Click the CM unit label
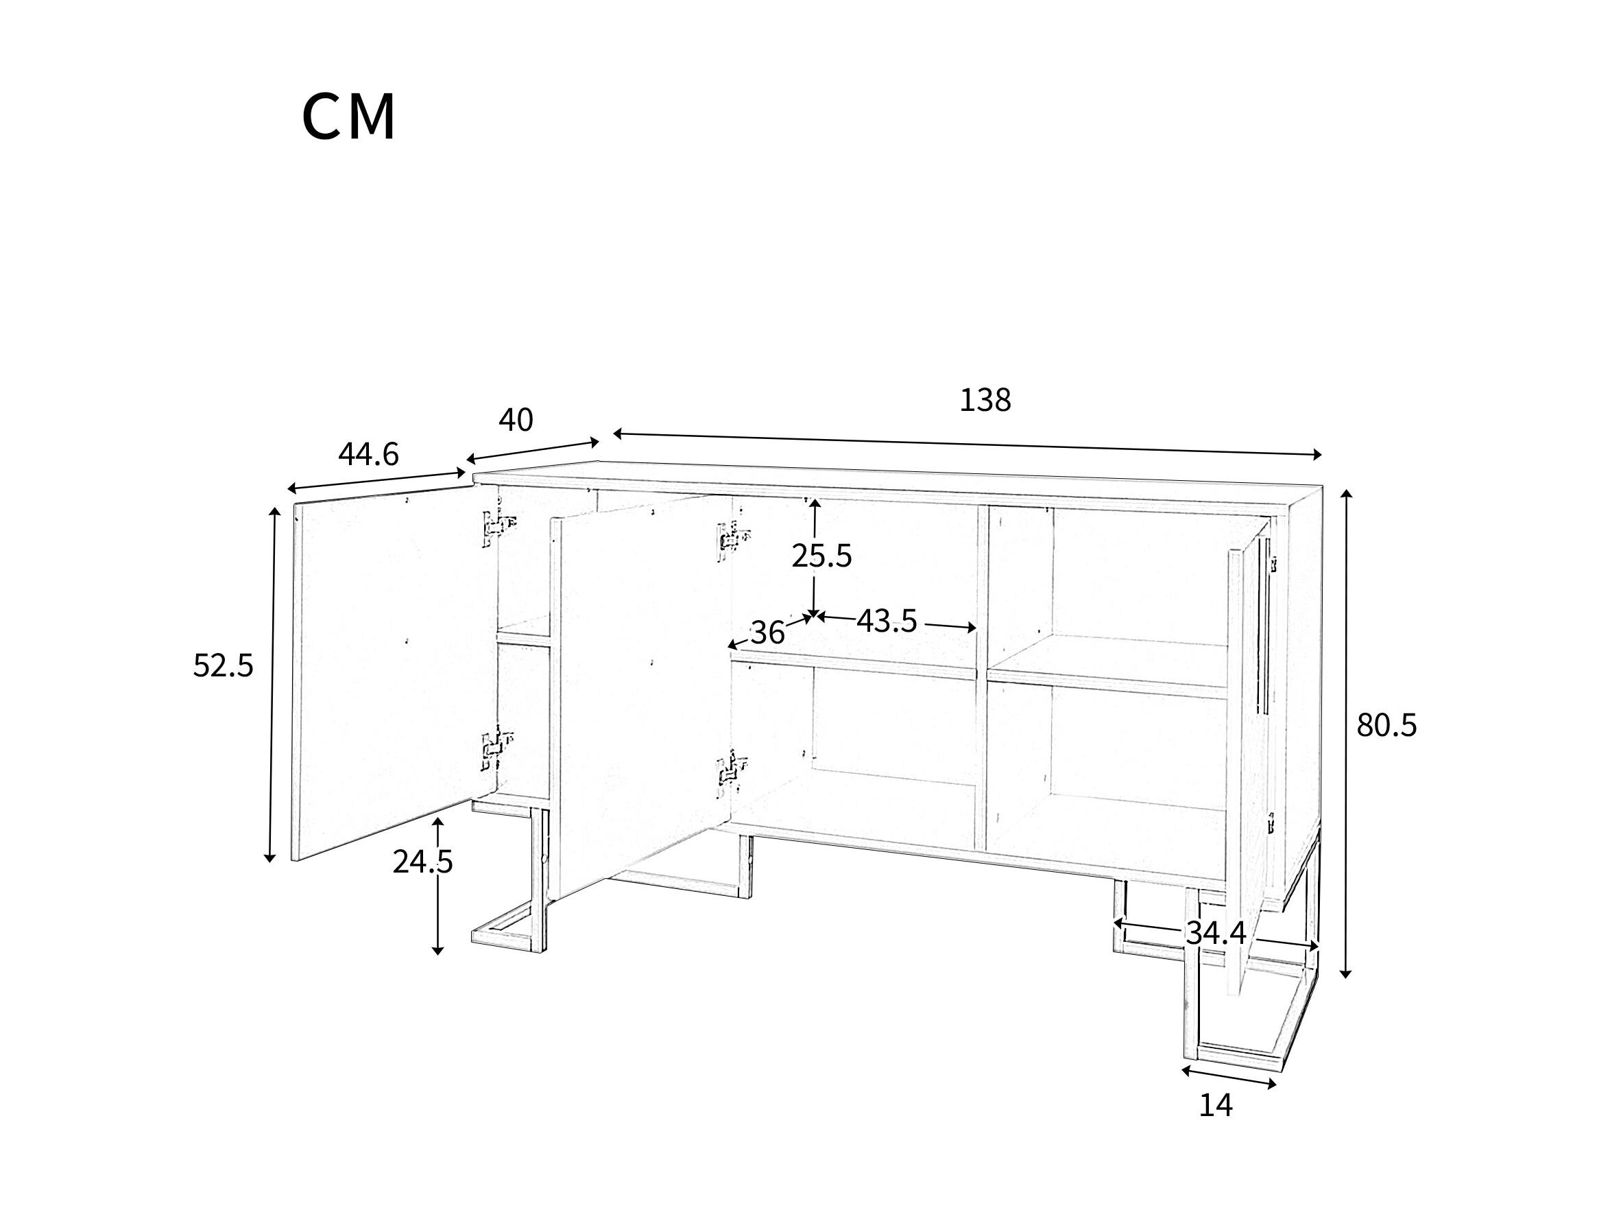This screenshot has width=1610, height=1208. coord(350,117)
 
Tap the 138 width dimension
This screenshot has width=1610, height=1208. coord(985,401)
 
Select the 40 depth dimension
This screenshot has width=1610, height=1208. coord(516,420)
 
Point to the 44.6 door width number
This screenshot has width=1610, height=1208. coord(368,454)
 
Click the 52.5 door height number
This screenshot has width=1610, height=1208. coord(223,665)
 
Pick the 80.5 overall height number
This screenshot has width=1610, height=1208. coord(1386,725)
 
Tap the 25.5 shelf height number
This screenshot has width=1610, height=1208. coord(821,556)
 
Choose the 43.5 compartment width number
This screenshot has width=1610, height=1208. coord(887,621)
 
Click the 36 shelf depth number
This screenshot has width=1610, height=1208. coord(767,632)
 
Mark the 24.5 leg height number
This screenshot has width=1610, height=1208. coord(423,862)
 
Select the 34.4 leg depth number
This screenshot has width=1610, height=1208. coord(1216,934)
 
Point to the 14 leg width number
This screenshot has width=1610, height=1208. coord(1216,1105)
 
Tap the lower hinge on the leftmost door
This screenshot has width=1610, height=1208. coord(497,748)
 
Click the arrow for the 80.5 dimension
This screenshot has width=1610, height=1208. coord(1347,733)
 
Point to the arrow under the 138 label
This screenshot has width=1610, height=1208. coord(967,445)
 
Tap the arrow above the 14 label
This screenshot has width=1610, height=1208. coord(1229,1078)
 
